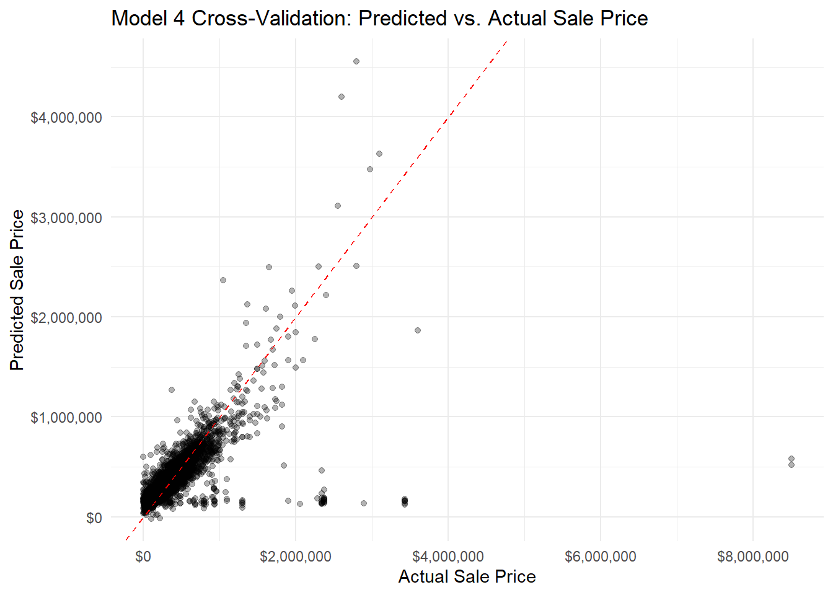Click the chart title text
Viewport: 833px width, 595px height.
[379, 19]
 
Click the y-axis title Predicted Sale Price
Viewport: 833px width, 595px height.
[17, 290]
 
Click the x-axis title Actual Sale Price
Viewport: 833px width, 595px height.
[467, 576]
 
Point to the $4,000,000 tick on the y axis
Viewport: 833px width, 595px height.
[66, 118]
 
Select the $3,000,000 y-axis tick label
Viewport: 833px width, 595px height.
[66, 218]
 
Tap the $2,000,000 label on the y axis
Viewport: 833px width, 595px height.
[66, 318]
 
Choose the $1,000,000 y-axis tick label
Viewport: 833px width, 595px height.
[66, 418]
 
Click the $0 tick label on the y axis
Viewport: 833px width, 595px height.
[94, 518]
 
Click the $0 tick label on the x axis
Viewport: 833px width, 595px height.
[143, 557]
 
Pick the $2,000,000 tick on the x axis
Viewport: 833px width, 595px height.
[296, 557]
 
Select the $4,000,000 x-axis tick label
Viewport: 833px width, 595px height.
[448, 557]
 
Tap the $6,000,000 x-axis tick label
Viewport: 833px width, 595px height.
[601, 557]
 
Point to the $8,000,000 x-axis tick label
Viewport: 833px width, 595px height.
[753, 557]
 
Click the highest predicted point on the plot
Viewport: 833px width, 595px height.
[356, 61]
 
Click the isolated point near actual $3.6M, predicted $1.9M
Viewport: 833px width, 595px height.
[418, 330]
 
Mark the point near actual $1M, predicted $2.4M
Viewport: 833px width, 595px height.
[223, 280]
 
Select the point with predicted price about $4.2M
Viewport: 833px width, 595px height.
[342, 97]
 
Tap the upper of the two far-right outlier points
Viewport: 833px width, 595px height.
[791, 459]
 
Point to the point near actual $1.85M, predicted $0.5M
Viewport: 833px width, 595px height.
[284, 465]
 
